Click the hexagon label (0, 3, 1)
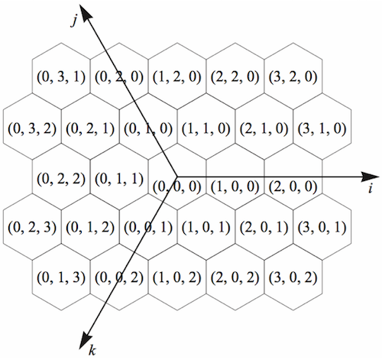click(61, 77)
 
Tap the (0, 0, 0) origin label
click(177, 186)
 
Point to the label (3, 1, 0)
click(322, 128)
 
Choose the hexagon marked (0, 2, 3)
click(32, 227)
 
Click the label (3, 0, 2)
click(293, 277)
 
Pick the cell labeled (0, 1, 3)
click(61, 277)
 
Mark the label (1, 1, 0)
click(206, 128)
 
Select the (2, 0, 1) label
click(264, 227)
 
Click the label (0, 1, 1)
click(119, 179)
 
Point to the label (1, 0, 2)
click(177, 277)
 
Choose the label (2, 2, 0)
click(235, 77)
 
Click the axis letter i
click(371, 189)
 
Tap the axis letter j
click(74, 21)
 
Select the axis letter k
click(92, 350)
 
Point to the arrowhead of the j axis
click(86, 13)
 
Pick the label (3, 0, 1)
click(322, 227)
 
